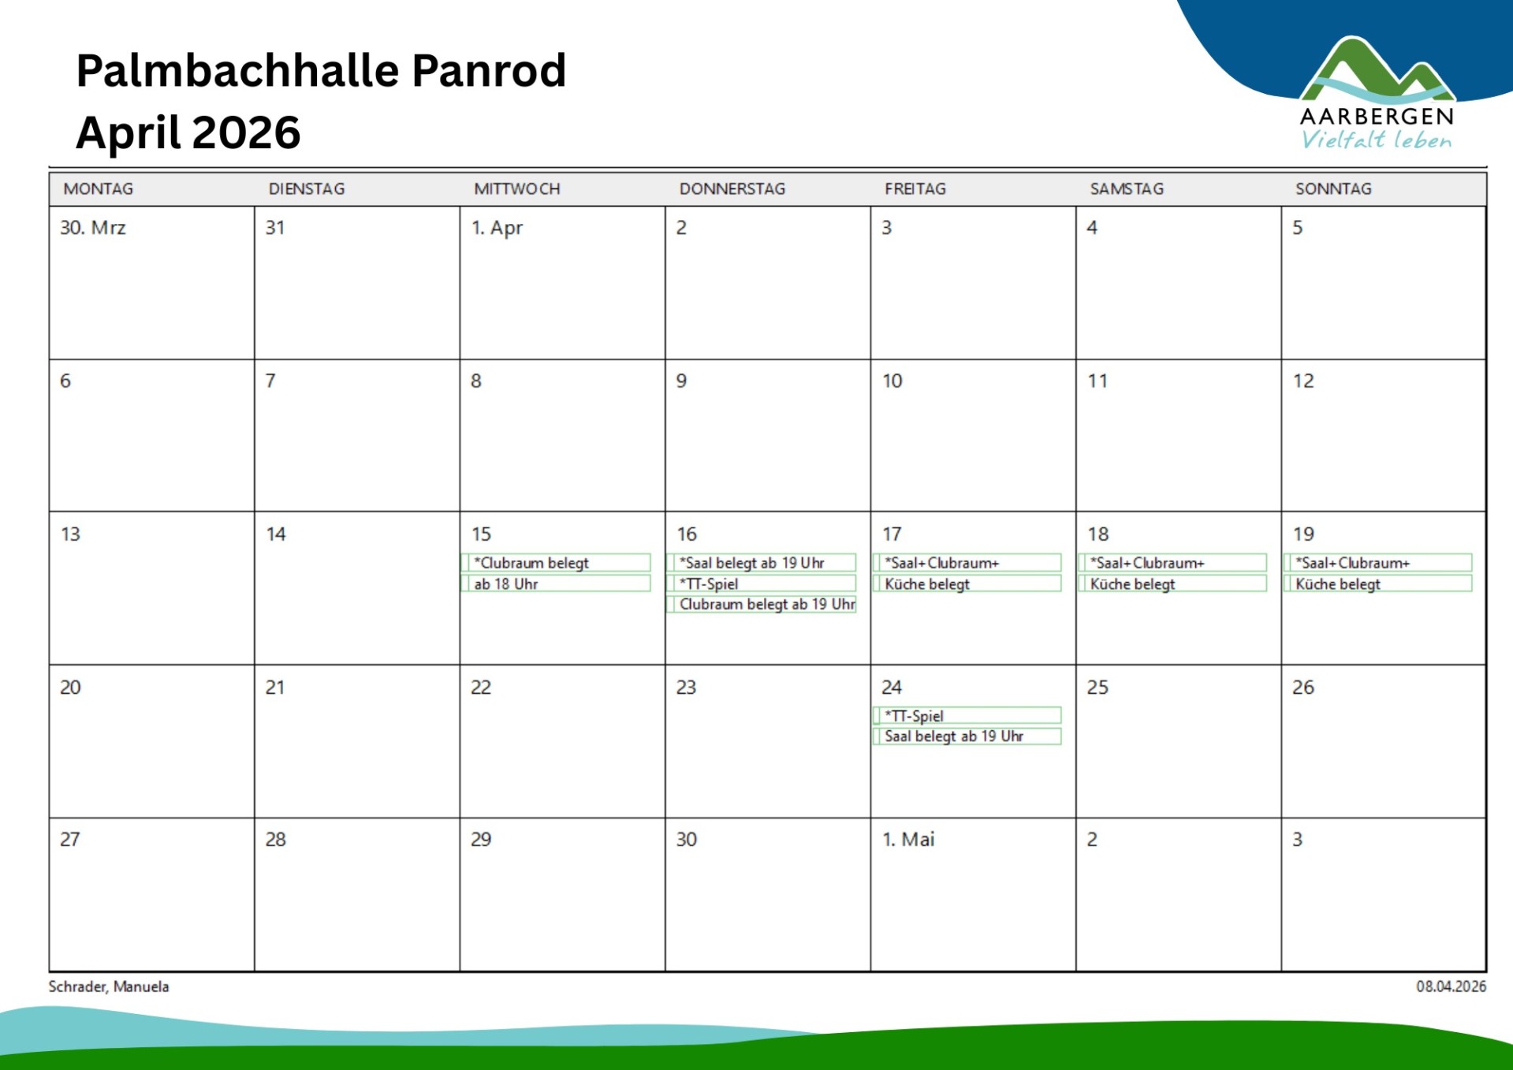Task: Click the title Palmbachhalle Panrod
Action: coord(321,71)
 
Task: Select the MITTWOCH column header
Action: coord(516,189)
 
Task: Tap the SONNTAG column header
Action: coord(1333,189)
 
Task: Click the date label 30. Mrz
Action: coord(93,228)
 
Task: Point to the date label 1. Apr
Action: coord(497,228)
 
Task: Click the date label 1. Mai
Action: coord(908,840)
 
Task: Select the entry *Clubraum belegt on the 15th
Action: coord(556,563)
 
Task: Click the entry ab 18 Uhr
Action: coord(556,584)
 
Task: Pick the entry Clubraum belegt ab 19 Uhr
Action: coord(762,605)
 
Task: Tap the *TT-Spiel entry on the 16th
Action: coord(762,584)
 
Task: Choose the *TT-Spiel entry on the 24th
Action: coord(967,716)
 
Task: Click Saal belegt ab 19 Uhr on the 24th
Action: coord(967,736)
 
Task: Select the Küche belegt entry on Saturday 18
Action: coord(1172,584)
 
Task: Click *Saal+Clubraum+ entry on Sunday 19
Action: coord(1378,563)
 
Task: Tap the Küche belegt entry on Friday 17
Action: coord(967,584)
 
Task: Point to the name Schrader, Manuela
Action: coord(109,986)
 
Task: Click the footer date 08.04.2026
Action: coord(1451,986)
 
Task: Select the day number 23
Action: coord(686,688)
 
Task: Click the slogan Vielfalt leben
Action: coord(1376,140)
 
